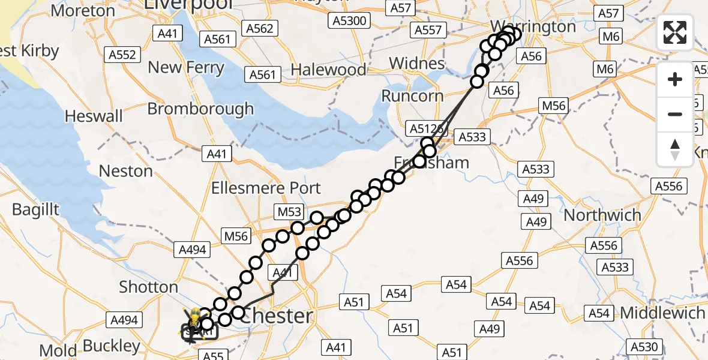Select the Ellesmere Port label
[266, 188]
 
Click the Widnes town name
[416, 64]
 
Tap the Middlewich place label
[662, 313]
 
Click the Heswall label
[94, 116]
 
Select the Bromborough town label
[200, 109]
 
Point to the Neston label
[125, 171]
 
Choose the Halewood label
[328, 70]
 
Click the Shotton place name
[148, 287]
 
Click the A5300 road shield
[349, 21]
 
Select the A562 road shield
[259, 28]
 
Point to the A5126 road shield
[425, 128]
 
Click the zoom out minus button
[675, 114]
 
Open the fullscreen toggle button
[675, 32]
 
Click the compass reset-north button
[675, 149]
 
